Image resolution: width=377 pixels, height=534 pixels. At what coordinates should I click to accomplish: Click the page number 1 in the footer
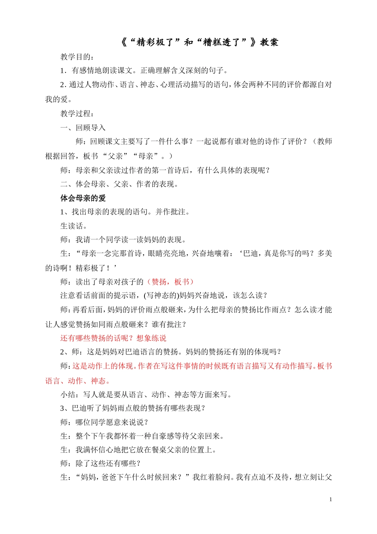pyautogui.click(x=331, y=499)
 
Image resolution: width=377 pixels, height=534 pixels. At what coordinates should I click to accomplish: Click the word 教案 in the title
pyautogui.click(x=269, y=43)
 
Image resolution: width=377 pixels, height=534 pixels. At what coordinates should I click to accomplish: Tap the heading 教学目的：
pyautogui.click(x=77, y=57)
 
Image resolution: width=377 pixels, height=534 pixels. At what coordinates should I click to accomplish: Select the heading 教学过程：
pyautogui.click(x=77, y=114)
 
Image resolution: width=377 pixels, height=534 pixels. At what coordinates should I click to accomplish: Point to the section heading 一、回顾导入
pyautogui.click(x=83, y=128)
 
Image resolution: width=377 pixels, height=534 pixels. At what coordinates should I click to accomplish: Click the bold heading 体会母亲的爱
pyautogui.click(x=83, y=198)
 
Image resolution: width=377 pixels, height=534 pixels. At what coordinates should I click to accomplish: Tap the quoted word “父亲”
pyautogui.click(x=117, y=156)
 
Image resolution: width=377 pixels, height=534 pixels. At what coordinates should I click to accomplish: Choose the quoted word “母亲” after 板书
pyautogui.click(x=146, y=156)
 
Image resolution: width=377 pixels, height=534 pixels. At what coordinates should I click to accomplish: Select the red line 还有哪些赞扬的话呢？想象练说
pyautogui.click(x=113, y=338)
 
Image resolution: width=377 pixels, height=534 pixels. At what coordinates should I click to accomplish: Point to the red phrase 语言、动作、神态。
pyautogui.click(x=78, y=381)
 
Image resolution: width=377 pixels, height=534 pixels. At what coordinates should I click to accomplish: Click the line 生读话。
pyautogui.click(x=73, y=226)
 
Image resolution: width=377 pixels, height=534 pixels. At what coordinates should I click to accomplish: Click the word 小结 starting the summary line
pyautogui.click(x=68, y=394)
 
